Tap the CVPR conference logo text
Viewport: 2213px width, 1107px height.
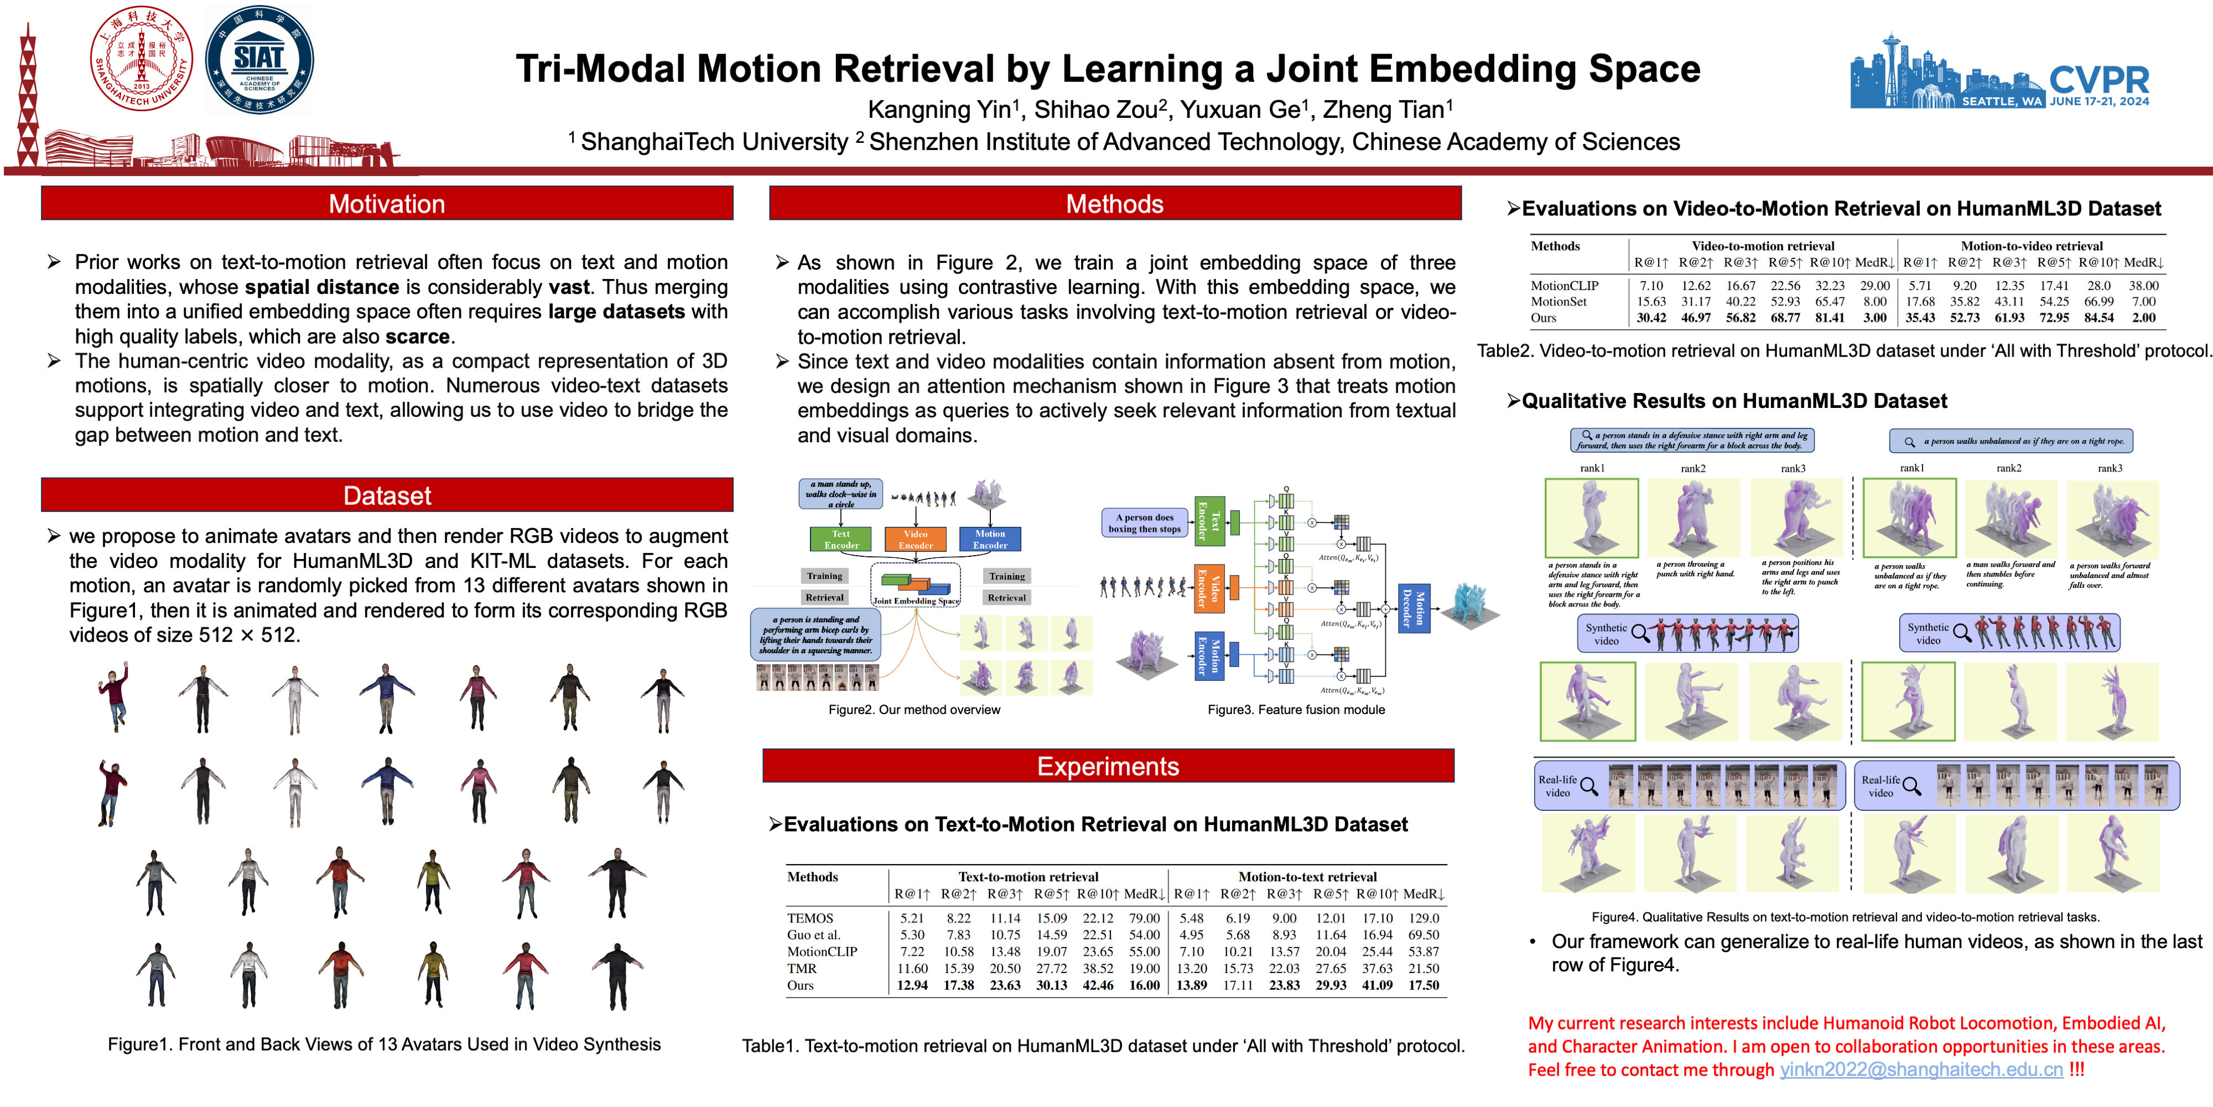[x=2098, y=80]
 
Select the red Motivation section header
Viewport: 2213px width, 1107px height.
[x=387, y=204]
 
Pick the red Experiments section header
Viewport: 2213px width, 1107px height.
[x=1108, y=766]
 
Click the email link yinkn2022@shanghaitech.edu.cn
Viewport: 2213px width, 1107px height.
[x=1921, y=1069]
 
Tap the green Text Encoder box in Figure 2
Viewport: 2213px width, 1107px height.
[x=841, y=539]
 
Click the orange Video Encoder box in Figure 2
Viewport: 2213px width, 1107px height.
[x=915, y=539]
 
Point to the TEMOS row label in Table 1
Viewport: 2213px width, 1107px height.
[x=809, y=918]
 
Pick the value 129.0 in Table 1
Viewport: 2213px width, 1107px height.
[x=1424, y=918]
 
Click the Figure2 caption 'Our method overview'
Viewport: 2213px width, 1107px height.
[x=914, y=710]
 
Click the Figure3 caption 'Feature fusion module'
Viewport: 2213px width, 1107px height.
[x=1296, y=710]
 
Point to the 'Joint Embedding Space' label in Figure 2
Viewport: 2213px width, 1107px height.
[x=916, y=601]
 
